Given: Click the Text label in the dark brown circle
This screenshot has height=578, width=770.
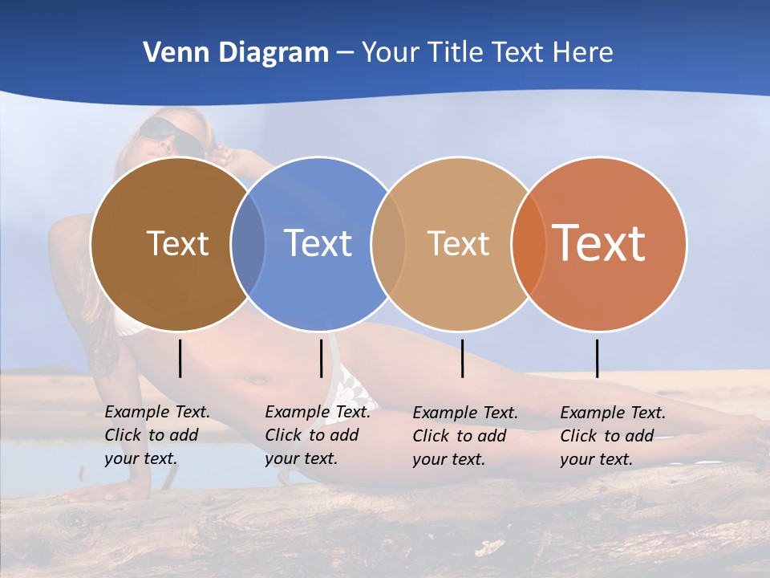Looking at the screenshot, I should [x=177, y=243].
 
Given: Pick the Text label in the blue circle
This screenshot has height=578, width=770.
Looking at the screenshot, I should [x=318, y=243].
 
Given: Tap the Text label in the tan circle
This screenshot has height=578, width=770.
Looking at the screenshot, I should [x=458, y=243].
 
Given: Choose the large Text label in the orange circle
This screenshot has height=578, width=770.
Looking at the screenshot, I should [x=598, y=242].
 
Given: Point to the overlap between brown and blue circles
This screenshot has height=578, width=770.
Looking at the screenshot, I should [x=248, y=244].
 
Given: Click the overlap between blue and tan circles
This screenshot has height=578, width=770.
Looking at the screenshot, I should [x=388, y=244].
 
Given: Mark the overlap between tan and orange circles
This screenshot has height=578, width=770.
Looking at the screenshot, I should [x=529, y=244].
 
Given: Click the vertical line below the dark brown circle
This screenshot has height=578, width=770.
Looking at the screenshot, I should [x=180, y=358].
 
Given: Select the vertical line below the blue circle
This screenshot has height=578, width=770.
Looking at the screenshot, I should [x=321, y=358].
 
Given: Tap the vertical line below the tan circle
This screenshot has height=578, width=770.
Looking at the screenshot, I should [x=463, y=358].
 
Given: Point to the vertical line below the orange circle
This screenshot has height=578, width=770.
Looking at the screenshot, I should [x=598, y=358].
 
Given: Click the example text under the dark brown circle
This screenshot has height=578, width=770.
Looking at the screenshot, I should [x=156, y=435].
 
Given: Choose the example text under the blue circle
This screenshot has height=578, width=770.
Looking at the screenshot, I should [x=317, y=435].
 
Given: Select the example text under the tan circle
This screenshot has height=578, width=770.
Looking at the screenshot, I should [x=464, y=436].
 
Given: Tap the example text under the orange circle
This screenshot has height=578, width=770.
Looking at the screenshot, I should [x=612, y=436].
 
